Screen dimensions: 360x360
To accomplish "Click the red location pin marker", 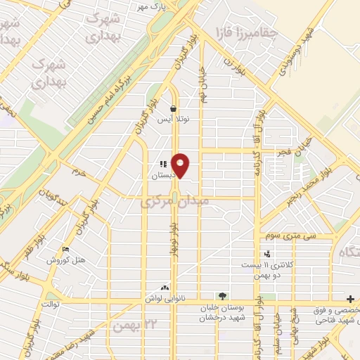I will point(181,165).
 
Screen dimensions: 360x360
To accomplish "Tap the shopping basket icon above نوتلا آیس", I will point(173,108).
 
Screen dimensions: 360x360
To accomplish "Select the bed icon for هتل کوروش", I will point(66,250).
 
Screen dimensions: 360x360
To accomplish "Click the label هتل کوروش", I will point(66,260).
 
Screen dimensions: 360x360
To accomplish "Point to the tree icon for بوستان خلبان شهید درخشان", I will point(222,296).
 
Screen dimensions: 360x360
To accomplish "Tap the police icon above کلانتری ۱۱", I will point(267,254).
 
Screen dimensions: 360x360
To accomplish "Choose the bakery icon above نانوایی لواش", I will point(165,287).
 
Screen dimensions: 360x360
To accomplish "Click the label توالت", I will point(52,304).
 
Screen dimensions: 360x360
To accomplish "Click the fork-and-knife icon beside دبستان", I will point(163,164).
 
